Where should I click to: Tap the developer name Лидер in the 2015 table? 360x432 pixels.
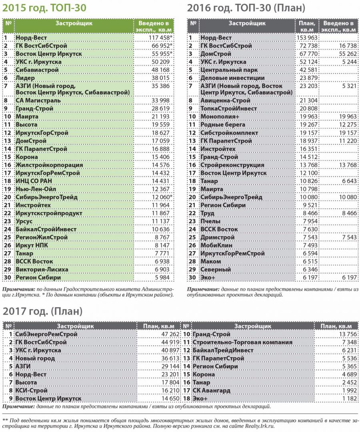click(x=25, y=78)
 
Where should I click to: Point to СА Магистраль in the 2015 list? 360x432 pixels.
click(x=38, y=100)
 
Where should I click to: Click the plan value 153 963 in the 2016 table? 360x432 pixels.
click(x=307, y=38)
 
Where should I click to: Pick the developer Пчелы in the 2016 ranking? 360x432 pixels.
click(x=210, y=221)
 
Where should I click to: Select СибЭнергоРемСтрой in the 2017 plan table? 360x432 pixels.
click(x=46, y=334)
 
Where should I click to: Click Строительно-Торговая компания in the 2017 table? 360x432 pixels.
click(x=242, y=342)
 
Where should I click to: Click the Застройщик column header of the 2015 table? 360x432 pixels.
click(x=74, y=23)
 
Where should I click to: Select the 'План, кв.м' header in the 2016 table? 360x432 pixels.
click(x=307, y=26)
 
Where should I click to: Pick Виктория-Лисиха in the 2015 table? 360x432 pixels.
click(x=42, y=269)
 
